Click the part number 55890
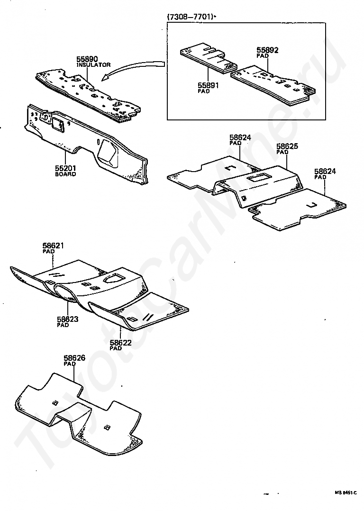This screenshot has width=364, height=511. [87, 59]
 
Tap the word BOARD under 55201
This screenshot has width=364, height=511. [65, 174]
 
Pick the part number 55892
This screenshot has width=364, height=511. [268, 49]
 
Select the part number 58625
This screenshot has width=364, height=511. [287, 147]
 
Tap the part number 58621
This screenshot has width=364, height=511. [53, 246]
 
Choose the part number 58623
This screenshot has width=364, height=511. [67, 319]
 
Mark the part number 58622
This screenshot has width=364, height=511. [120, 342]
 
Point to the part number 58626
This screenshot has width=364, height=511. [74, 358]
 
